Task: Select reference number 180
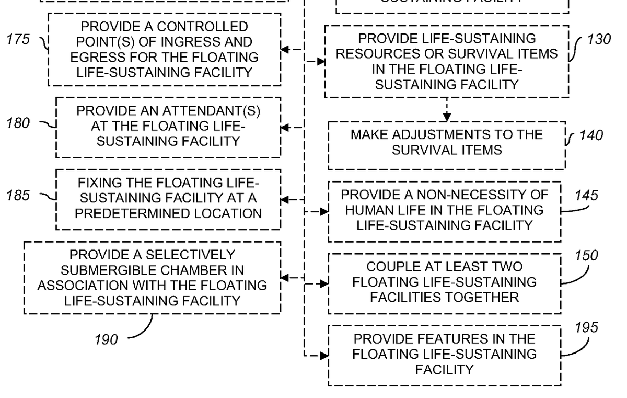[19, 124]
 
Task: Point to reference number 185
[19, 196]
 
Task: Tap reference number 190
[106, 339]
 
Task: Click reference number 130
[598, 40]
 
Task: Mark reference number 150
[587, 256]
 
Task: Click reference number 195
[587, 328]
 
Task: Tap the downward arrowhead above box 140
[447, 118]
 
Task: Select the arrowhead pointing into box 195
[324, 356]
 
